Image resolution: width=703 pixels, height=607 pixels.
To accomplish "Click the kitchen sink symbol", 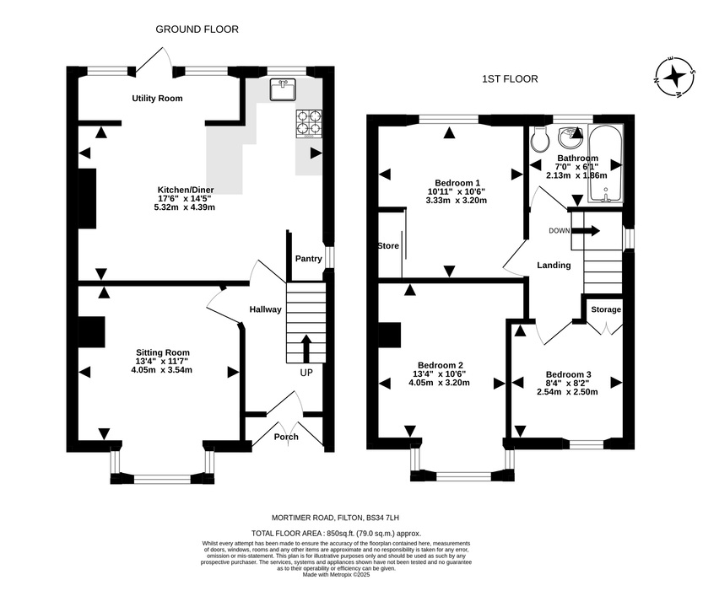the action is (283, 89).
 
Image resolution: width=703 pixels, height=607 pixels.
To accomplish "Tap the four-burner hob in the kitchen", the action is (309, 124).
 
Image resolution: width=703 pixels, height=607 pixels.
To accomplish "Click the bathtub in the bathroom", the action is (605, 164).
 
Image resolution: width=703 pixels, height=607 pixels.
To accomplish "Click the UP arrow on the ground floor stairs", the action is (306, 348).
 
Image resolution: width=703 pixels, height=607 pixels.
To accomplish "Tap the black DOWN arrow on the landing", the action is (586, 231).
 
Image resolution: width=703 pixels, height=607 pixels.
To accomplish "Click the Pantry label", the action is (309, 259).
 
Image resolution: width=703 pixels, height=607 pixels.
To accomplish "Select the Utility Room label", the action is (157, 99).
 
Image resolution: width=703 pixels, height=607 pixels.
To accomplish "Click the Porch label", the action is (286, 437).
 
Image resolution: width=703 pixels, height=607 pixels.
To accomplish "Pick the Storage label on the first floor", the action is (606, 309).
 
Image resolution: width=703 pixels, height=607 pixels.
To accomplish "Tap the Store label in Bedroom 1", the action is (388, 246).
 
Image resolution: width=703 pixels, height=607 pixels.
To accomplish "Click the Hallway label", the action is (265, 309).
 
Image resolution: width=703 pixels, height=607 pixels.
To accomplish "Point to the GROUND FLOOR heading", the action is (197, 30).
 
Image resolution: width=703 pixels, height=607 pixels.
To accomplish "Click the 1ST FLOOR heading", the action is (510, 79).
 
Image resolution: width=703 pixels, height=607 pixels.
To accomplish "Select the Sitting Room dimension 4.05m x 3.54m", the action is (162, 370).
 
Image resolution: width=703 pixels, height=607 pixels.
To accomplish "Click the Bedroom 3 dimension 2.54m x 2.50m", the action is (568, 392).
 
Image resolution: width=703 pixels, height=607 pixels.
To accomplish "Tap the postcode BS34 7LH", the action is (382, 518).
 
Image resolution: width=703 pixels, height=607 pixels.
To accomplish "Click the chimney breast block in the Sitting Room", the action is (92, 332).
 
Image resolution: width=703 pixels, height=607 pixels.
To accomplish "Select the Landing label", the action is (554, 266).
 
